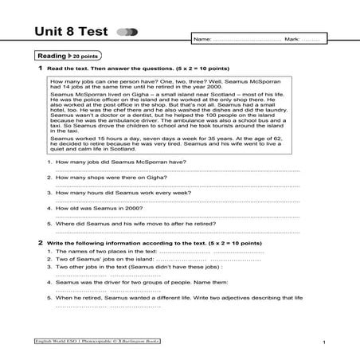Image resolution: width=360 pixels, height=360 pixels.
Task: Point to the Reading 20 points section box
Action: (x=65, y=57)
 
